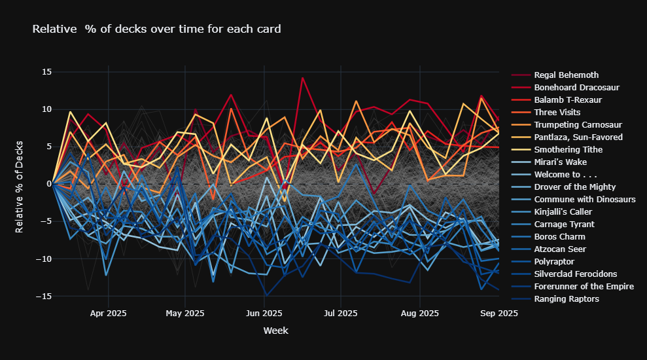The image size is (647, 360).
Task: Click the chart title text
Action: pyautogui.click(x=156, y=29)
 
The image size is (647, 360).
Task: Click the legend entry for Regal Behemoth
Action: pyautogui.click(x=566, y=75)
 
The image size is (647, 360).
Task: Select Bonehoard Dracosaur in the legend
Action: pyautogui.click(x=576, y=88)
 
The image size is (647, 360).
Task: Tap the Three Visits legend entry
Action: pyautogui.click(x=557, y=113)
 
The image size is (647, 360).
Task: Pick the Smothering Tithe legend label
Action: pyautogui.click(x=568, y=150)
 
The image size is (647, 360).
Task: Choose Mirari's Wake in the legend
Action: pyautogui.click(x=560, y=162)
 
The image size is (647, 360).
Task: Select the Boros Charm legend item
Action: pyautogui.click(x=559, y=237)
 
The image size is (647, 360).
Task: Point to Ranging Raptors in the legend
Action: pyautogui.click(x=567, y=299)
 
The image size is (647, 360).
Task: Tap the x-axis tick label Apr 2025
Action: pyautogui.click(x=108, y=314)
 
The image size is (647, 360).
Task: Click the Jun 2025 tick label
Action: pyautogui.click(x=263, y=314)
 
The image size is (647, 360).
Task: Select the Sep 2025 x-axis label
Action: pyautogui.click(x=499, y=314)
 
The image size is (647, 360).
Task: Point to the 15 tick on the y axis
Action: pyautogui.click(x=46, y=72)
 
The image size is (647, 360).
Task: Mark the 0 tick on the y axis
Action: pyautogui.click(x=48, y=184)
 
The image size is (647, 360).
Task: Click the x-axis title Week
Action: pyautogui.click(x=275, y=331)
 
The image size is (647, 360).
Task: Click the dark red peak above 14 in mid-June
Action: pyautogui.click(x=302, y=78)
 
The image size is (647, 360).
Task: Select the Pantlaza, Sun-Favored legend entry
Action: pyautogui.click(x=578, y=137)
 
